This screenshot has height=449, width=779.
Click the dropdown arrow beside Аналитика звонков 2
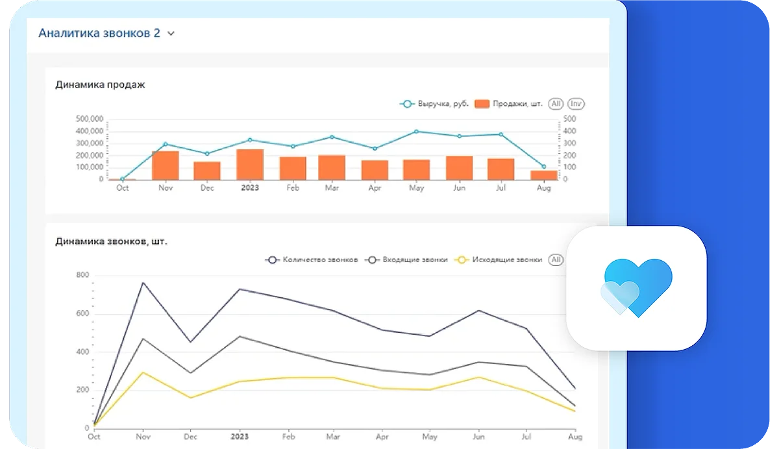point(171,34)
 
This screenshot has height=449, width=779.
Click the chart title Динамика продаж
point(100,84)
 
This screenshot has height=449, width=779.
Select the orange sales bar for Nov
point(166,165)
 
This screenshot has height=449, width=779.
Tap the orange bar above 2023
point(250,164)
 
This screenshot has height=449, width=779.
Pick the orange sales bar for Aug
point(544,175)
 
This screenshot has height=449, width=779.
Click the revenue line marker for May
point(416,132)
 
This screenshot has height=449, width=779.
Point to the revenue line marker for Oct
point(122,179)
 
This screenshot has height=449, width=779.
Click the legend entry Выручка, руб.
point(434,104)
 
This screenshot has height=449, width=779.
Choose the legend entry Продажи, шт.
point(509,104)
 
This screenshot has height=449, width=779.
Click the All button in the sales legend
point(556,104)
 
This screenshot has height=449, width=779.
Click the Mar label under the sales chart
point(331,188)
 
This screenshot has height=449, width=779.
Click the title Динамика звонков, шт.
point(112,241)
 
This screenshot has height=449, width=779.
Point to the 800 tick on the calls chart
point(82,275)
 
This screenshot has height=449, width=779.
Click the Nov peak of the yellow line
point(143,372)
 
